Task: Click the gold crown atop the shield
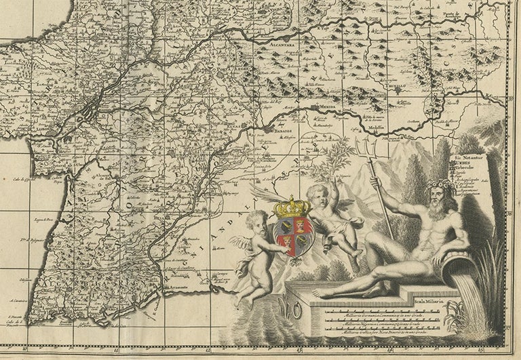(292, 206)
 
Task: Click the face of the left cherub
(256, 221)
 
